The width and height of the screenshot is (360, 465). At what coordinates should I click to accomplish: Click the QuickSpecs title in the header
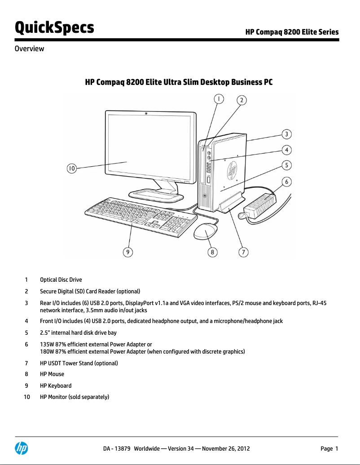tap(54, 27)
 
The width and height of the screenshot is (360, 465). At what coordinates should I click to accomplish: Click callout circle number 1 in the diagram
tap(218, 98)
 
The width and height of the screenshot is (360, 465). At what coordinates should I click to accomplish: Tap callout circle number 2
tap(241, 100)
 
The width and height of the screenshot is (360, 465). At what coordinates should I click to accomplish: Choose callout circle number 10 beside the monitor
tap(72, 168)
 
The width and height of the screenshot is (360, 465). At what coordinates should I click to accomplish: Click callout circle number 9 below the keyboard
tap(128, 252)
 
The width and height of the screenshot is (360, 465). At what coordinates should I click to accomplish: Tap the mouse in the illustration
tap(206, 232)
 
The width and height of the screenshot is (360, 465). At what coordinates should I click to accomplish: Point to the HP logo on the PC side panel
tap(232, 171)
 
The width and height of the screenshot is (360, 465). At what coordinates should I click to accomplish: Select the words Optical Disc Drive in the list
tap(61, 279)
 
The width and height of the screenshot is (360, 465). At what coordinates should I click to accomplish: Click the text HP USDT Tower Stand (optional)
tap(79, 363)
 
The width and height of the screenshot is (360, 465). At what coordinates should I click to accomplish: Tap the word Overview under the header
tap(30, 49)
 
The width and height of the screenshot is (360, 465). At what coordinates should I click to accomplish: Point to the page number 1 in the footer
tap(336, 448)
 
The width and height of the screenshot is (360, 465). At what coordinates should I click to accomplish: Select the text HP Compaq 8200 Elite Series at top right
tap(292, 32)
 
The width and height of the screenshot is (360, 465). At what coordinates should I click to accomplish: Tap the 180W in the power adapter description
tap(47, 351)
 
